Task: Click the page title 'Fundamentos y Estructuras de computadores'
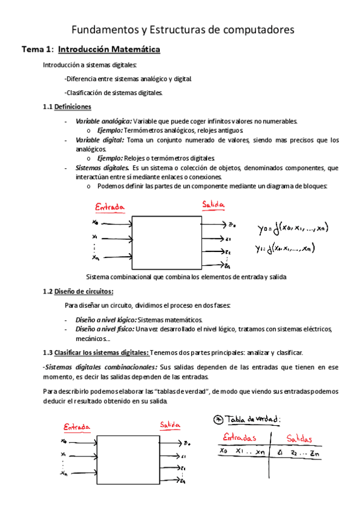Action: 183,29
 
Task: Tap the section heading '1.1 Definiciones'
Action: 67,106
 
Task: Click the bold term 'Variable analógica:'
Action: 103,121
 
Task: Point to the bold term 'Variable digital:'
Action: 100,140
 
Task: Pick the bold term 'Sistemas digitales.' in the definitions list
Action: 103,168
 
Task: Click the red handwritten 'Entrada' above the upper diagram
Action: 110,207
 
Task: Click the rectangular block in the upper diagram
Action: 166,242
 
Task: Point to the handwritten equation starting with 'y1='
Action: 284,248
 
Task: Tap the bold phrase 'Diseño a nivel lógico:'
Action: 106,319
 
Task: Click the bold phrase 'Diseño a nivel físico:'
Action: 105,329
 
